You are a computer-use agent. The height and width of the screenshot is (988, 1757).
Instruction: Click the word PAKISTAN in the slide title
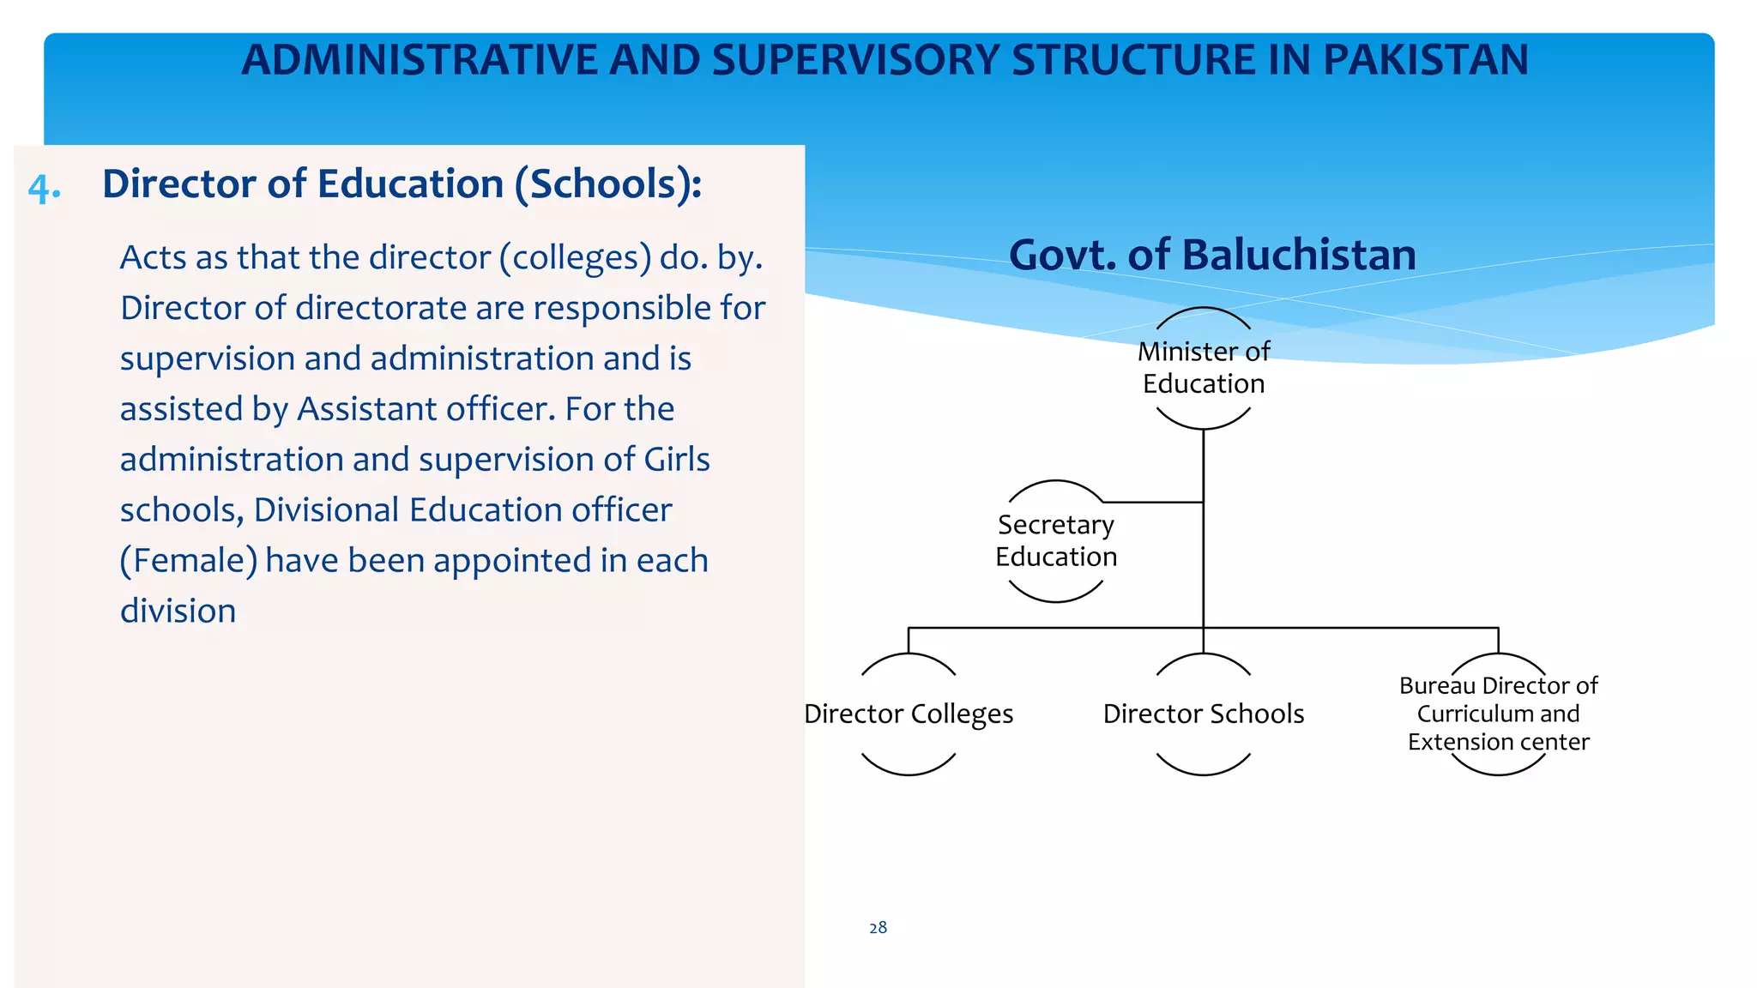pos(1425,60)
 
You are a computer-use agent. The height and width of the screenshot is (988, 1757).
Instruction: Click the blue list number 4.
pos(44,188)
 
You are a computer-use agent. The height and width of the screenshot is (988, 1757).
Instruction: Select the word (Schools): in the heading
pos(607,184)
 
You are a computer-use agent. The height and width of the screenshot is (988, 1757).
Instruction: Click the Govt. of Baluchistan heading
pos(1211,256)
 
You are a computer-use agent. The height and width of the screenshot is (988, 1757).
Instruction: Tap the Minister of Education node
pos(1203,368)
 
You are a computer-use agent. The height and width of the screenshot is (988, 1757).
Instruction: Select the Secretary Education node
pos(1055,541)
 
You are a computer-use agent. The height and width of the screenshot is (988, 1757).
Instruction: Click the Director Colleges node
pos(908,714)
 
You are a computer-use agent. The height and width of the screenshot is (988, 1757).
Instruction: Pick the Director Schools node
pos(1203,714)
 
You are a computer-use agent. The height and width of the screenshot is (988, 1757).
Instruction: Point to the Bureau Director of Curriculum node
pos(1498,714)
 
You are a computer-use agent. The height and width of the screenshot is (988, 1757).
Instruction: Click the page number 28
pos(878,928)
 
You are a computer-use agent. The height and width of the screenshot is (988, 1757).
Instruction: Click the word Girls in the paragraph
pos(677,460)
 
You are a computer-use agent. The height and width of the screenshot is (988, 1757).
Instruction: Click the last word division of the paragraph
pos(178,611)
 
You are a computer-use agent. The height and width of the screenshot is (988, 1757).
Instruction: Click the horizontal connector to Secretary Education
pos(1153,502)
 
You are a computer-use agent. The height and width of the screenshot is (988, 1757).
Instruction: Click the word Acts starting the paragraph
pos(153,258)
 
